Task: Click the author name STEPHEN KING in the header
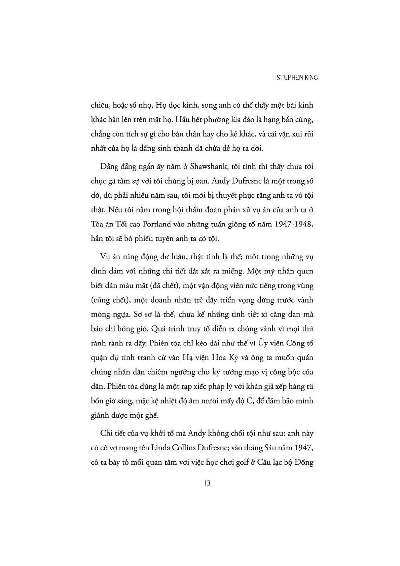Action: point(297,77)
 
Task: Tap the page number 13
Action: point(207,483)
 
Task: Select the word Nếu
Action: point(116,210)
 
